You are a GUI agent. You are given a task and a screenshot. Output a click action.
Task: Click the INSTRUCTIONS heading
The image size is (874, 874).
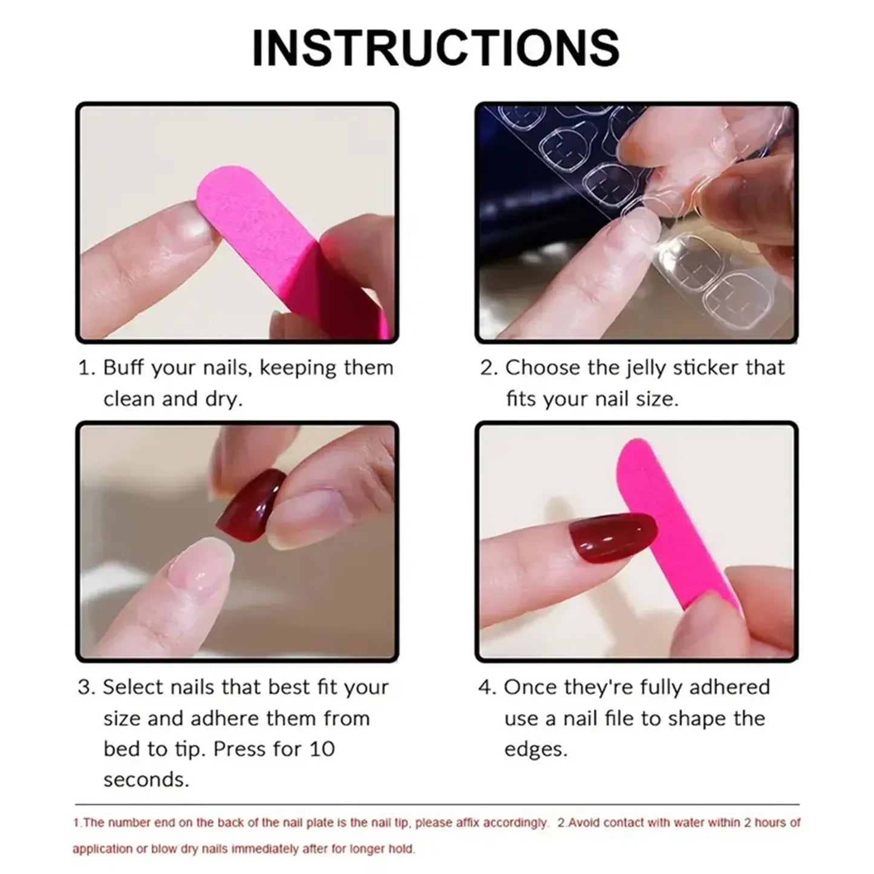[x=435, y=48]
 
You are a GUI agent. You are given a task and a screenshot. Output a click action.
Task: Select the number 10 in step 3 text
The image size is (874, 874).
[x=322, y=749]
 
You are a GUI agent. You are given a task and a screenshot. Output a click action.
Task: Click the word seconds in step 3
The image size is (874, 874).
[x=146, y=780]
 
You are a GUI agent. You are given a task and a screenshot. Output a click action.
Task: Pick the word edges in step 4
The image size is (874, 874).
[x=536, y=749]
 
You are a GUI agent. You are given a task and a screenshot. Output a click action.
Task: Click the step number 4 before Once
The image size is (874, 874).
[x=485, y=687]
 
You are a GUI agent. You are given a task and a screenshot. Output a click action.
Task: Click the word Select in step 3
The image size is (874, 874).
[x=131, y=687]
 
